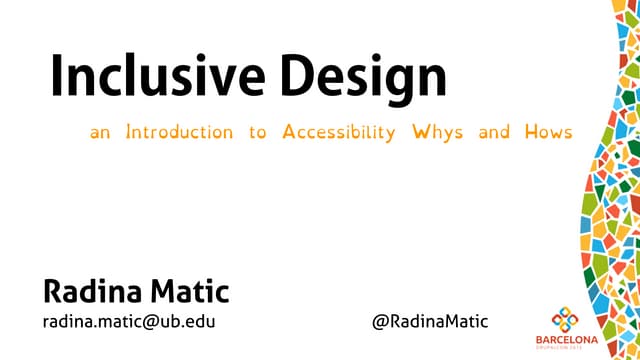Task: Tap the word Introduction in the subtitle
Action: (x=179, y=132)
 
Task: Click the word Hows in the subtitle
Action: (x=548, y=132)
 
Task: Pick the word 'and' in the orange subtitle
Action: (x=494, y=132)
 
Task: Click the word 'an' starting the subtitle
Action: (x=100, y=133)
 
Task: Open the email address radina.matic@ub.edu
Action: (x=129, y=321)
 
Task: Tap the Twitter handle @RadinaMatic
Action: (x=431, y=321)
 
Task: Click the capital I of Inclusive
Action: (x=57, y=78)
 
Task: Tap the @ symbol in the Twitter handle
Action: (x=380, y=322)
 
